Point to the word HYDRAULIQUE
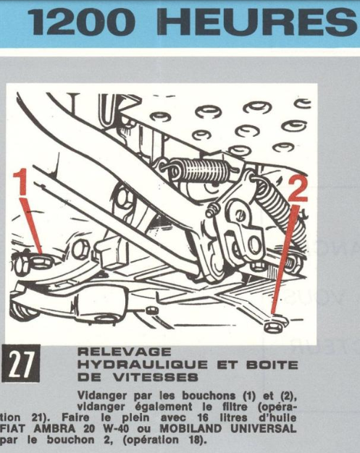138,365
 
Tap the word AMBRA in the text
56,428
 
